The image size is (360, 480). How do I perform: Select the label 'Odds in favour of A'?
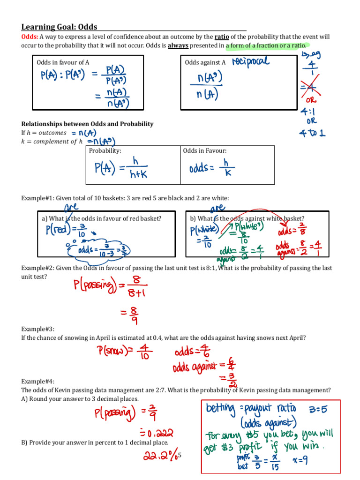[x=63, y=62]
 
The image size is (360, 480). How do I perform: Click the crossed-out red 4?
[x=310, y=87]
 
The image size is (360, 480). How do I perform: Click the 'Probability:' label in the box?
[x=105, y=151]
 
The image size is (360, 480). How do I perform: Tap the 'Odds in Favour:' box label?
[x=205, y=151]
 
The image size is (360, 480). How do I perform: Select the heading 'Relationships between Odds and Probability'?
[x=87, y=124]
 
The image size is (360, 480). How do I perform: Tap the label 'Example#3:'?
[x=37, y=330]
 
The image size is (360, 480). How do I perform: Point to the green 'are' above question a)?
[x=71, y=208]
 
